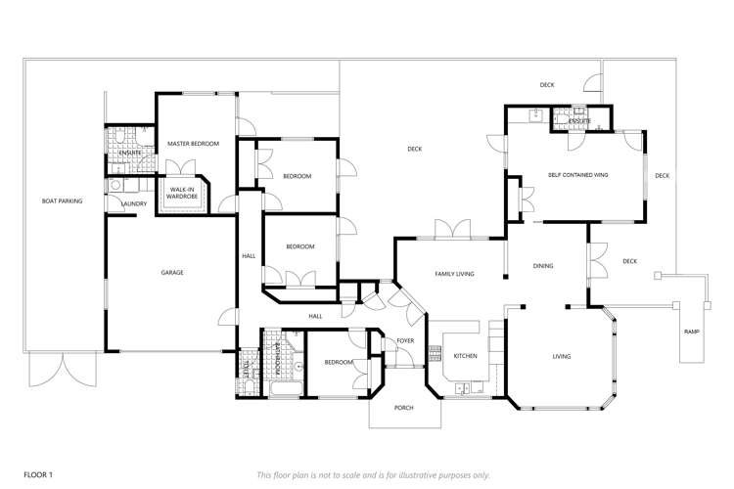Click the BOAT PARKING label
(62, 201)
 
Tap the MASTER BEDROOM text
(193, 144)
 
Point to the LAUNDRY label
(134, 203)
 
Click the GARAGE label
(172, 272)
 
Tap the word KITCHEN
(465, 356)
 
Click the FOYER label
(405, 341)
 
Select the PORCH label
(403, 408)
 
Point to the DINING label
(543, 266)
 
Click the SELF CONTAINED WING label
(578, 174)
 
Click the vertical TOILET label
(247, 370)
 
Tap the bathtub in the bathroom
(285, 391)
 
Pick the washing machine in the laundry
(116, 185)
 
